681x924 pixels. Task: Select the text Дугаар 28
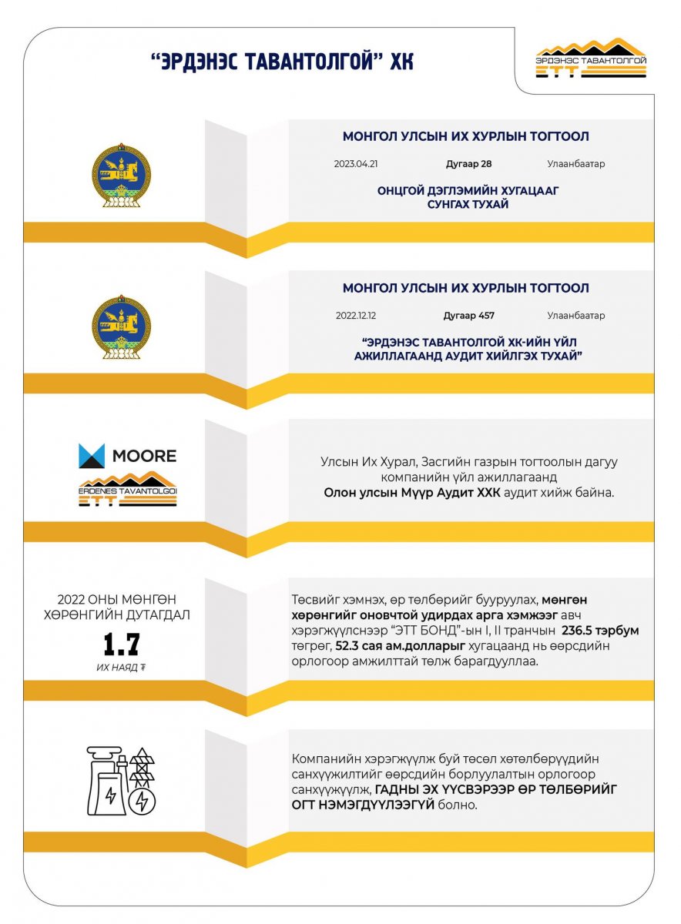point(468,164)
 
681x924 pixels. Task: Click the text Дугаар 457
point(468,316)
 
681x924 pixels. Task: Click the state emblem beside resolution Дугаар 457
point(122,326)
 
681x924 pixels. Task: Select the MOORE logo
point(128,456)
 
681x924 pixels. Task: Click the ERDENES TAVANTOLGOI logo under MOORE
point(128,490)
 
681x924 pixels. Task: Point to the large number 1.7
point(122,644)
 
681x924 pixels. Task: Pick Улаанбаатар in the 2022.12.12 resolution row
point(576,316)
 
